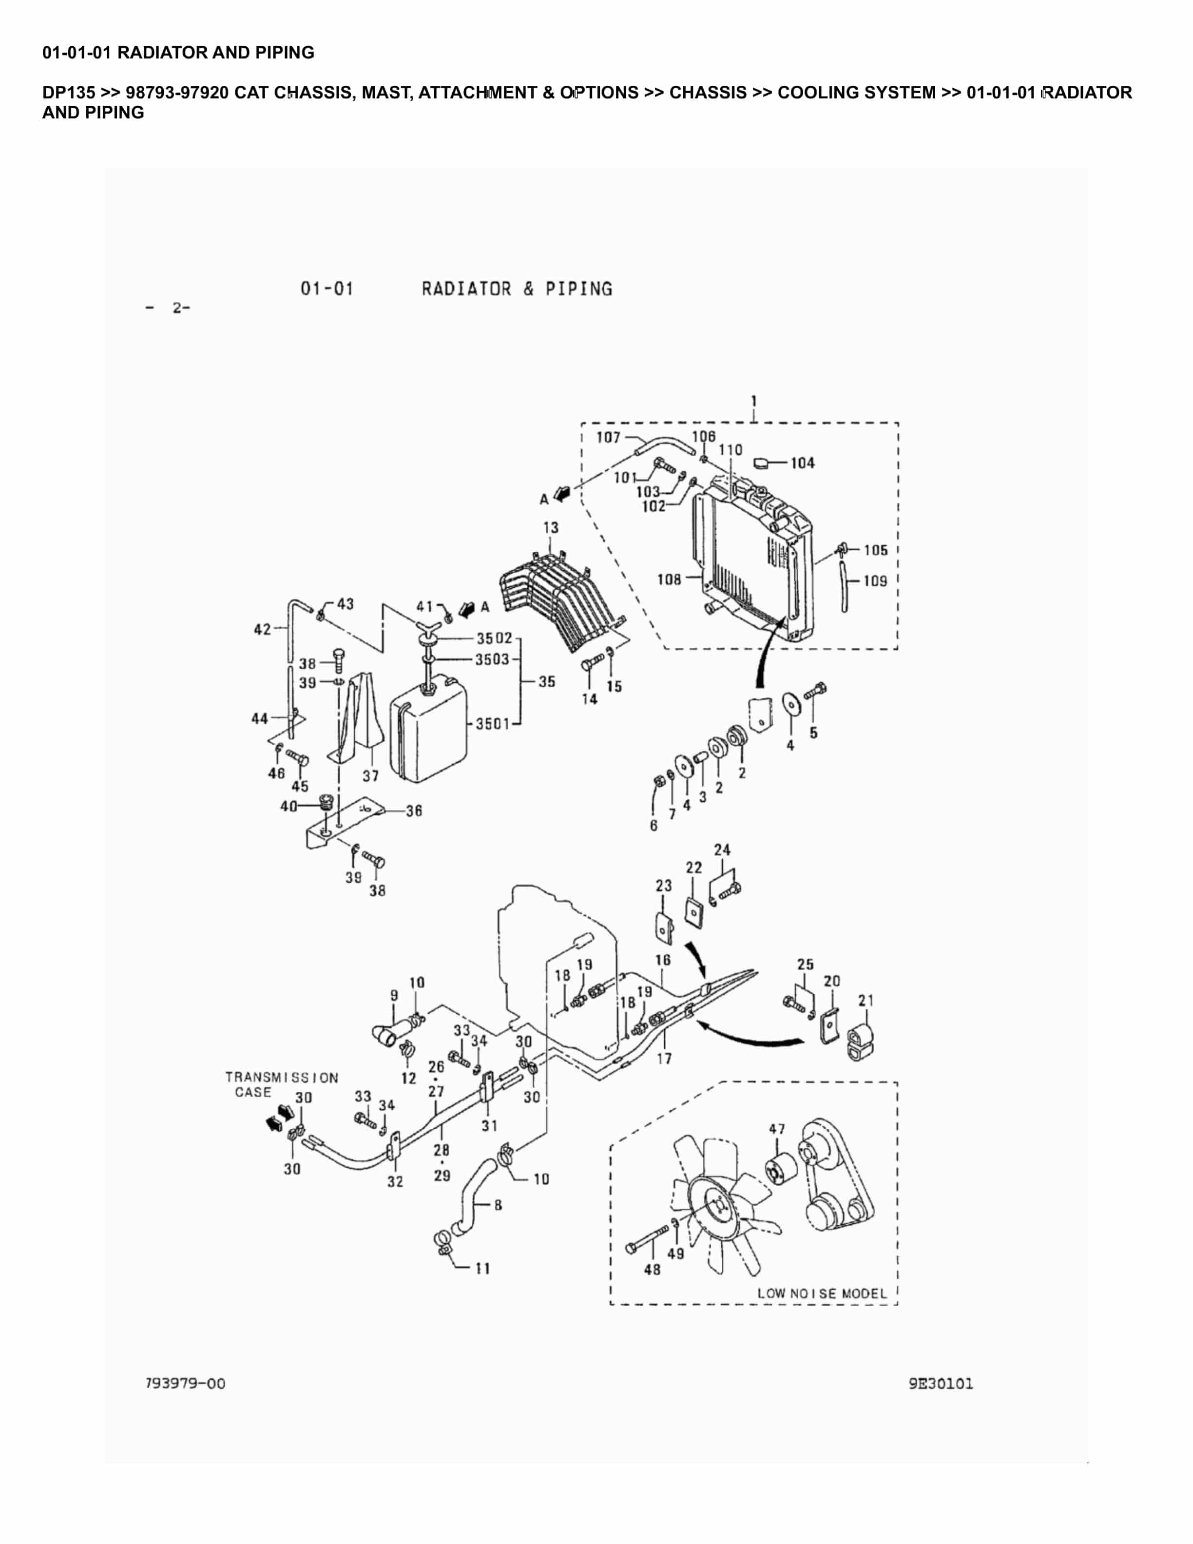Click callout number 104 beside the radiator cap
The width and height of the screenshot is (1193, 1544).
(x=802, y=463)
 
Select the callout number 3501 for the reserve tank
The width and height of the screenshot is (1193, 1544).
(x=493, y=723)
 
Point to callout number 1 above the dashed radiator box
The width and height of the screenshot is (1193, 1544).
(x=754, y=402)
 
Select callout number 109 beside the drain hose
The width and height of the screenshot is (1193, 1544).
(x=875, y=580)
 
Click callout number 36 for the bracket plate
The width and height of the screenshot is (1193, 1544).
(x=414, y=811)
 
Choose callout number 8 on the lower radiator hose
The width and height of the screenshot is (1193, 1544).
(x=498, y=1205)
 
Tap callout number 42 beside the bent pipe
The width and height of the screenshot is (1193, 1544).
(x=262, y=629)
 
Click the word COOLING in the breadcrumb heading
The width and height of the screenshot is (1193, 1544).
(x=821, y=93)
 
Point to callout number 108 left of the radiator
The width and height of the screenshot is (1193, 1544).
(x=669, y=579)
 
